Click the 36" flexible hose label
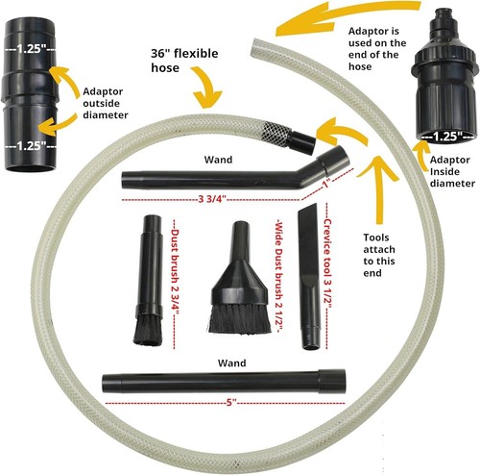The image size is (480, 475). coord(184,61)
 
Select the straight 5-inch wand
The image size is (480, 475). coord(224,381)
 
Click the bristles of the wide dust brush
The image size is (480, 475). coord(239,318)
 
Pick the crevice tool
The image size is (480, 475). coord(309,276)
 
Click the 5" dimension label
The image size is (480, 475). coord(231,403)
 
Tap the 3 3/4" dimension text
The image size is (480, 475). coord(212,199)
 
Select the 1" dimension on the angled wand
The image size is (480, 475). coord(326,185)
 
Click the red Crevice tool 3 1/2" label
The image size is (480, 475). coord(327,263)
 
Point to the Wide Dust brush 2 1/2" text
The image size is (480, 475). coord(278,276)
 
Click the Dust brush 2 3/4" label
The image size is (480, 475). coord(175,272)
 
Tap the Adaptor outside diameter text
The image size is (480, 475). coord(106,103)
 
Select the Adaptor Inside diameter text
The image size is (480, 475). coord(452,171)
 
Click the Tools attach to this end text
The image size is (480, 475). coord(379,255)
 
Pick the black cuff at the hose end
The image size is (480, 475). coord(302,141)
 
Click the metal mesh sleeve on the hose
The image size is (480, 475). coord(277,132)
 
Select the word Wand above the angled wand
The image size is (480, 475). coord(218,160)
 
